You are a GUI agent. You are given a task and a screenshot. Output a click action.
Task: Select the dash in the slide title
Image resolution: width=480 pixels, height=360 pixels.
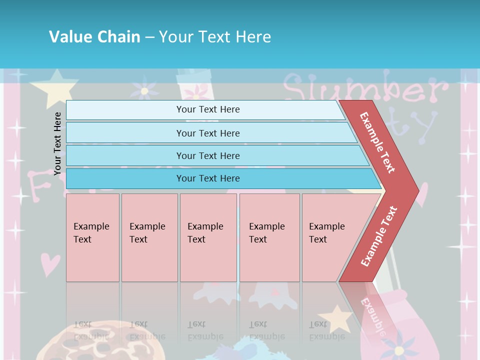pos(149,37)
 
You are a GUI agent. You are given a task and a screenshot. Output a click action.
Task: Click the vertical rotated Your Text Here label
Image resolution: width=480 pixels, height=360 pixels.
pos(57,143)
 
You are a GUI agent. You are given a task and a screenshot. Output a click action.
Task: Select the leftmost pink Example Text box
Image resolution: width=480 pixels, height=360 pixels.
pos(92,237)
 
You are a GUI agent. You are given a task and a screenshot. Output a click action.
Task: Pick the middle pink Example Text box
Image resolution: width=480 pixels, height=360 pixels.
pos(208,237)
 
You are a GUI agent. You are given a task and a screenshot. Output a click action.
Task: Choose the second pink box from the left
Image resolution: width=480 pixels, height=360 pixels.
pos(149,237)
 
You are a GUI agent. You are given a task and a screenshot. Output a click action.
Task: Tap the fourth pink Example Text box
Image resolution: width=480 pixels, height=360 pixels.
pos(269,237)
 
